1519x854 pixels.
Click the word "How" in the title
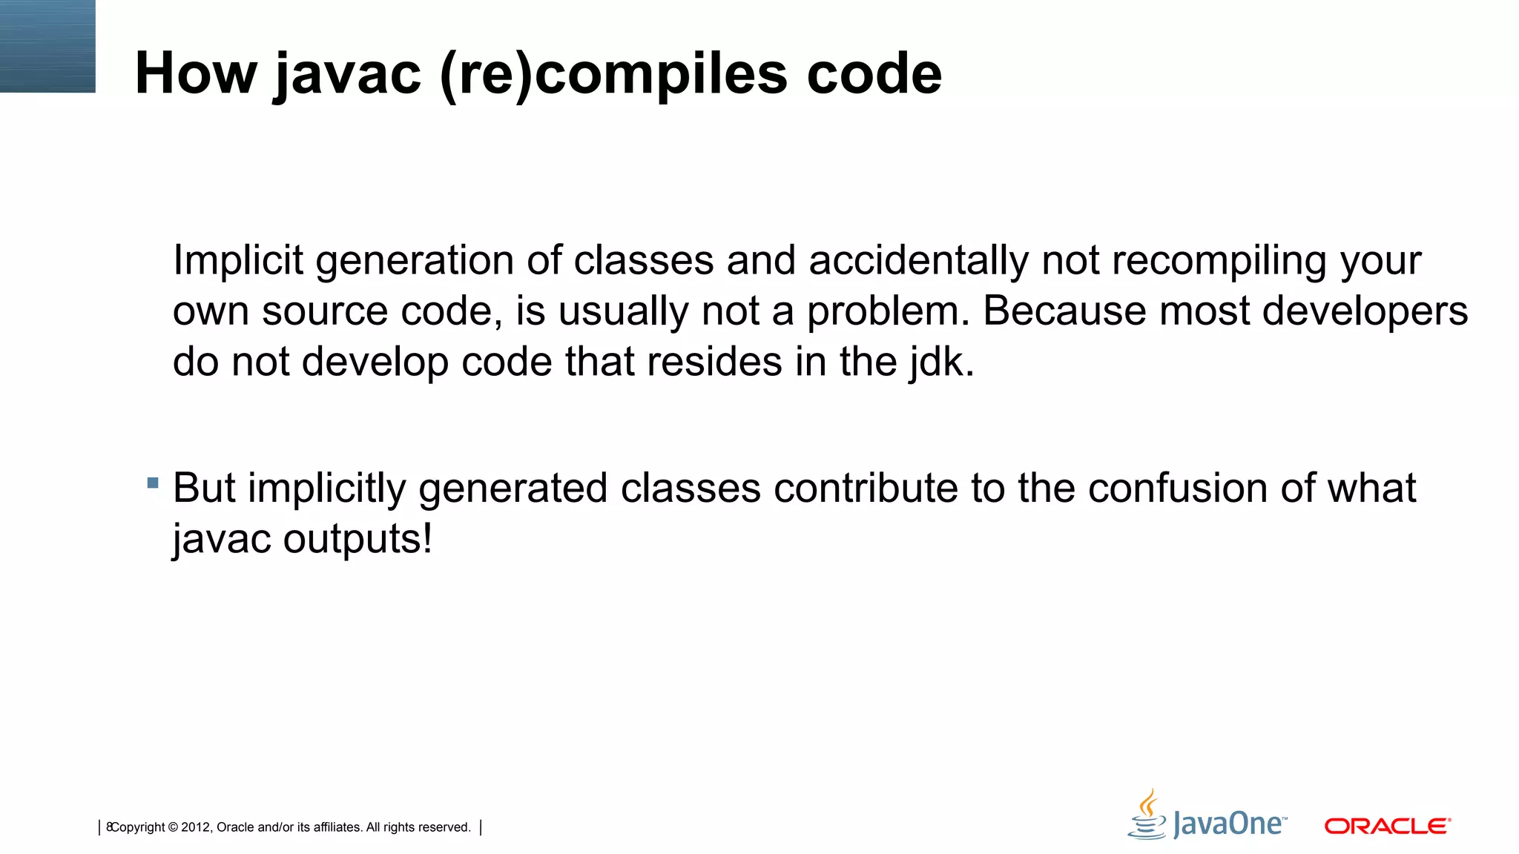pyautogui.click(x=196, y=73)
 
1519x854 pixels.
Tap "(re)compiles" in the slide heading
pyautogui.click(x=613, y=75)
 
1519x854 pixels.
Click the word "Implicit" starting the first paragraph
pyautogui.click(x=238, y=261)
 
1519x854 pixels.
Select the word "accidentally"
pyautogui.click(x=918, y=261)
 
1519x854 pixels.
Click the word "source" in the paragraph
pyautogui.click(x=325, y=311)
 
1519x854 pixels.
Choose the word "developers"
pyautogui.click(x=1365, y=312)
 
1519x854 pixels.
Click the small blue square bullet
pyautogui.click(x=153, y=483)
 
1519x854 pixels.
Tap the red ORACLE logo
pyautogui.click(x=1387, y=826)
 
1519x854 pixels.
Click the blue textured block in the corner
pyautogui.click(x=47, y=46)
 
